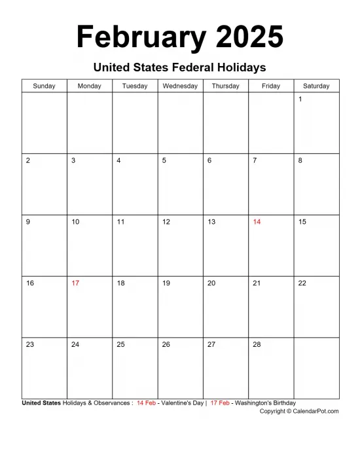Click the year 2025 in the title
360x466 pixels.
[x=249, y=37]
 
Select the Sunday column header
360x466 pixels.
[x=45, y=86]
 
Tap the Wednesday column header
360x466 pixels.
[x=180, y=86]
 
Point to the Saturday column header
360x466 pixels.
[x=317, y=86]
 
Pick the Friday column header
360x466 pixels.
[x=271, y=86]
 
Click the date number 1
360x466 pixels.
[x=300, y=99]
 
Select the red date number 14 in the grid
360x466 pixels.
[x=257, y=222]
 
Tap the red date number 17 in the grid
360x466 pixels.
[x=75, y=283]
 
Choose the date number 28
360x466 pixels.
[x=257, y=344]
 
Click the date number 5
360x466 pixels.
[x=164, y=160]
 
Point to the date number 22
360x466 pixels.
[x=302, y=283]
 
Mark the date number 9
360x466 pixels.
[x=27, y=222]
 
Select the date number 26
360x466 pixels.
[x=166, y=344]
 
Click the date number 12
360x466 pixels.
[x=166, y=222]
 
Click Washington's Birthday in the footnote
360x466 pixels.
[x=265, y=403]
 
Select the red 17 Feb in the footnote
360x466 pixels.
[x=220, y=403]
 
